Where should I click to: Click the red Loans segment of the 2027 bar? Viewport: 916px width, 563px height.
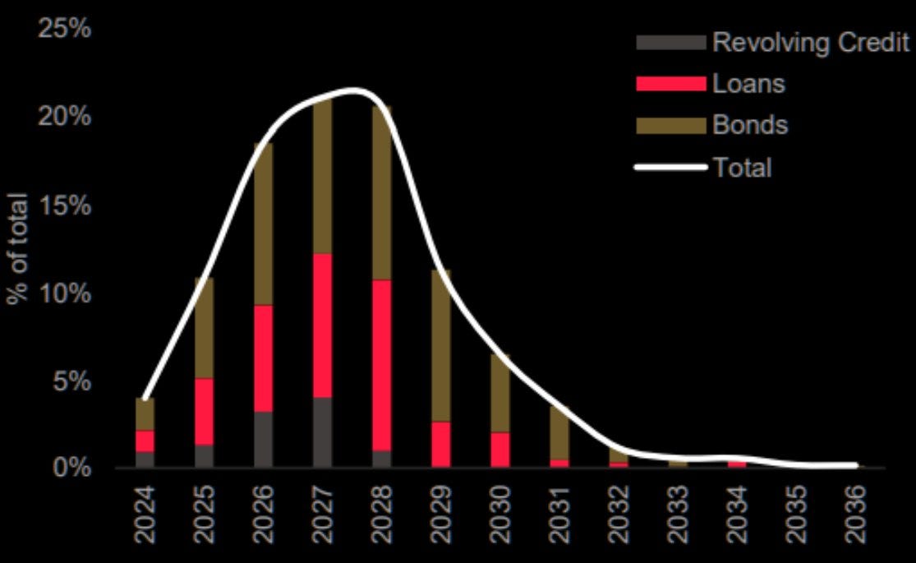click(322, 325)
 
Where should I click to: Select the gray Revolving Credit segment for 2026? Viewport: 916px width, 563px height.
click(263, 440)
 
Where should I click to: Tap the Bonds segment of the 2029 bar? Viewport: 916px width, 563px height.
click(441, 345)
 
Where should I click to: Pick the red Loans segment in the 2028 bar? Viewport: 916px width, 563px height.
click(381, 365)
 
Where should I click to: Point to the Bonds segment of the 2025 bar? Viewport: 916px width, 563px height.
click(204, 327)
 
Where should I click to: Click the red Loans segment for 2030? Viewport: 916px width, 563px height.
click(500, 450)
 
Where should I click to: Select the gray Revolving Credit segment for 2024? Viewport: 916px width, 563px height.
click(145, 459)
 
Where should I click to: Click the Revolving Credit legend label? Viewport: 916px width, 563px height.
click(810, 43)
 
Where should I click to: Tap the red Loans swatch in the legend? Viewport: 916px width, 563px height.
click(670, 84)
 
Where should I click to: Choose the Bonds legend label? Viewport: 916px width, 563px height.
click(750, 126)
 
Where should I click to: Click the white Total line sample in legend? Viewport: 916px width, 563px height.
click(670, 168)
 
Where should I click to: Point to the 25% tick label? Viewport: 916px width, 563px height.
click(63, 30)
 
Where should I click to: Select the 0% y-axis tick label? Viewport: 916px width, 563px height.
click(70, 468)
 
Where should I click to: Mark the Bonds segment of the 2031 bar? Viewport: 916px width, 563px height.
click(559, 433)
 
